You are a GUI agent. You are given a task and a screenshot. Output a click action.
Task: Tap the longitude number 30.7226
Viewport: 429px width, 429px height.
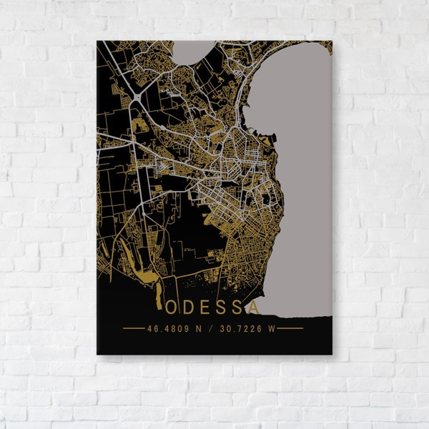point(243,329)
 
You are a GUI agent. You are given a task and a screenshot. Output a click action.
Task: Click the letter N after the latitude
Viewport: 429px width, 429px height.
point(195,329)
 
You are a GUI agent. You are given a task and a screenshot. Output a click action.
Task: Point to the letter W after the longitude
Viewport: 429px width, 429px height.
point(272,329)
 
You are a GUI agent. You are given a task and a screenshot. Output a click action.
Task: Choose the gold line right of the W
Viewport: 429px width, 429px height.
point(291,329)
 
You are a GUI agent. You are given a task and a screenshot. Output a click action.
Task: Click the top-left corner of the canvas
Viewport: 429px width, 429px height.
point(97,41)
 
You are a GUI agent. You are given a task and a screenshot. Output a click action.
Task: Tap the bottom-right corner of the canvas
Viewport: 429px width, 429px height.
point(332,354)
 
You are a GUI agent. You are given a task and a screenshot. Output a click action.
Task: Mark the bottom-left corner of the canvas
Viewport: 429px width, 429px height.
point(97,354)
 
